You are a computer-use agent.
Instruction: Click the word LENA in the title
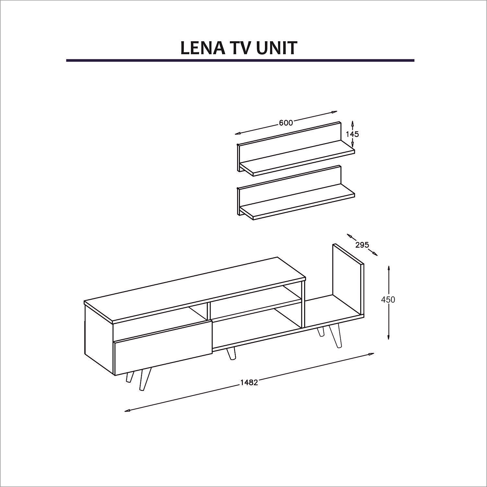pyautogui.click(x=203, y=48)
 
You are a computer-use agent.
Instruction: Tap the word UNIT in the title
pyautogui.click(x=276, y=48)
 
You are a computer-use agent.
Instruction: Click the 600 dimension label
pyautogui.click(x=286, y=123)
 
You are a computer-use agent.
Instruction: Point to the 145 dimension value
pyautogui.click(x=352, y=134)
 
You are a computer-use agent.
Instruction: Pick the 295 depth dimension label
pyautogui.click(x=362, y=244)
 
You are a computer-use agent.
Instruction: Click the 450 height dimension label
pyautogui.click(x=388, y=300)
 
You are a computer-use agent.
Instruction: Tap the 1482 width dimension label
pyautogui.click(x=249, y=382)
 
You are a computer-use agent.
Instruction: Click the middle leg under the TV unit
pyautogui.click(x=231, y=353)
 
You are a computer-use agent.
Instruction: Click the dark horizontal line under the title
pyautogui.click(x=240, y=60)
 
